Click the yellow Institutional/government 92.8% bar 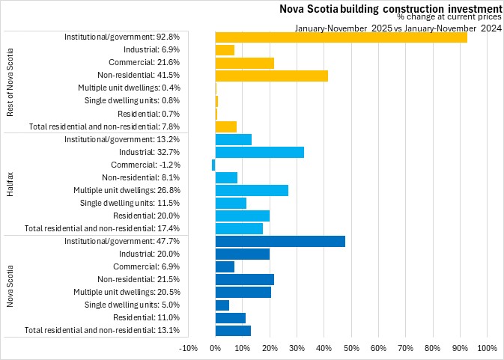point(341,37)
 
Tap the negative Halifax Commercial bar point(213,165)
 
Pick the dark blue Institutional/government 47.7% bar point(280,241)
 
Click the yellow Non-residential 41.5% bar point(271,75)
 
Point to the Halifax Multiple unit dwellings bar point(252,190)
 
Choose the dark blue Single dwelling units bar point(222,305)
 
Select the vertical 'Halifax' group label point(10,183)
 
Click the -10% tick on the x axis point(188,348)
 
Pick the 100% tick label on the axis point(487,348)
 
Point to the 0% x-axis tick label point(215,348)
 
